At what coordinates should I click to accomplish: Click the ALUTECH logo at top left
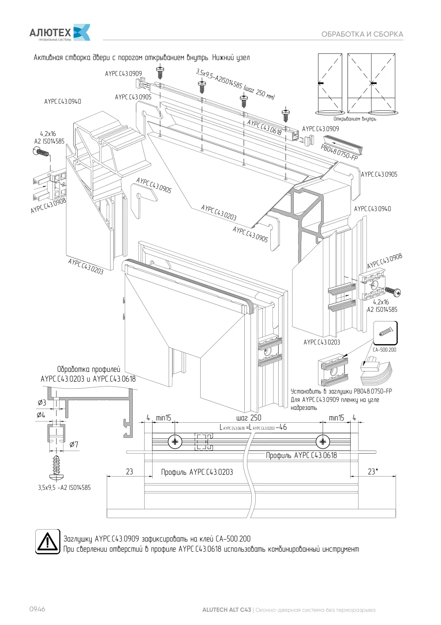[x=60, y=32]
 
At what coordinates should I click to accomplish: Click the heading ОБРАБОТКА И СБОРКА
[x=362, y=34]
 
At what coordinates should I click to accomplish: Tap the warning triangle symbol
[x=48, y=542]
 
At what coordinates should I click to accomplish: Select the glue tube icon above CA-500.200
[x=385, y=333]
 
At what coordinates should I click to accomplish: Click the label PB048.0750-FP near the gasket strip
[x=339, y=153]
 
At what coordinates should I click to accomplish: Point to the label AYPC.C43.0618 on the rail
[x=264, y=127]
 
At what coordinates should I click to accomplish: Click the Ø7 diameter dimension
[x=74, y=444]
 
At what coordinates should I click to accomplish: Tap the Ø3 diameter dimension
[x=42, y=402]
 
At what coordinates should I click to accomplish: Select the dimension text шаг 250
[x=248, y=418]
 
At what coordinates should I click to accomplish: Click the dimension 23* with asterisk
[x=373, y=472]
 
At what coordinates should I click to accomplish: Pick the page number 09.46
[x=37, y=609]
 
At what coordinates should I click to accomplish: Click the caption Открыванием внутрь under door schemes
[x=355, y=119]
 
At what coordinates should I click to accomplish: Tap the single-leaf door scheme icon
[x=330, y=84]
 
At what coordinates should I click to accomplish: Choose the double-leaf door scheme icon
[x=372, y=84]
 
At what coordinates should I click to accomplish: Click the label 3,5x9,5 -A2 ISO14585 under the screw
[x=64, y=488]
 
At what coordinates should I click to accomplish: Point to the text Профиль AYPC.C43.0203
[x=197, y=472]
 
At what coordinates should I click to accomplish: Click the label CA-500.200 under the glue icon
[x=385, y=350]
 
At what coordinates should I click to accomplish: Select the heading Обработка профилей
[x=89, y=369]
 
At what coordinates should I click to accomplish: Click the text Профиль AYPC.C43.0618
[x=302, y=455]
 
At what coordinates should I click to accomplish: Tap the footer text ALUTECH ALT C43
[x=227, y=610]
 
